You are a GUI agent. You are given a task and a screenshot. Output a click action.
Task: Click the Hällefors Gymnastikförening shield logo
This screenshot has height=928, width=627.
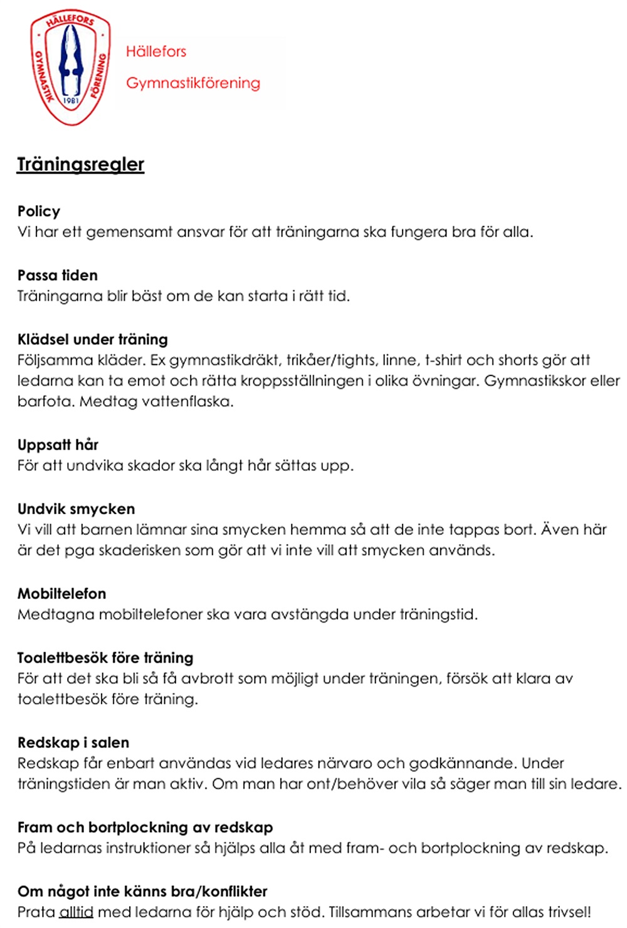point(70,67)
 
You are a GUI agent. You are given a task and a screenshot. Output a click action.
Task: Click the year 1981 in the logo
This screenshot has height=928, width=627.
point(71,100)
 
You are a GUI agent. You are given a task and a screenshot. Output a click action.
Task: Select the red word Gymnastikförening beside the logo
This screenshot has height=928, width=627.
point(192,83)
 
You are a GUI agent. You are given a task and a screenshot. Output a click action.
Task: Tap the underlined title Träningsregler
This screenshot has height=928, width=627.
point(80,164)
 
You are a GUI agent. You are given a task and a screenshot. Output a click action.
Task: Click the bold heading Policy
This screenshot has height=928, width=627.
point(39,211)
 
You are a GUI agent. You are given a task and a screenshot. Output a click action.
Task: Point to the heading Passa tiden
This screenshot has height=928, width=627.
point(58,275)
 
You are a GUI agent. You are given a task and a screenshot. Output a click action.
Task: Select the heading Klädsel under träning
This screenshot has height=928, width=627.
point(93,339)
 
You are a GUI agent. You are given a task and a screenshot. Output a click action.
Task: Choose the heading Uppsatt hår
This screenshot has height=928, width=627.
point(58,445)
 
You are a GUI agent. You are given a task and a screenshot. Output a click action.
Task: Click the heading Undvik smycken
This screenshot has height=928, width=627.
point(76,509)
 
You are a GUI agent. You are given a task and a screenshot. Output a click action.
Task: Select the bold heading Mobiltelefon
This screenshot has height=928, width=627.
point(61,593)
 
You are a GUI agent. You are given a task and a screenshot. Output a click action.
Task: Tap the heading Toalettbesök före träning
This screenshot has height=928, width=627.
point(105,658)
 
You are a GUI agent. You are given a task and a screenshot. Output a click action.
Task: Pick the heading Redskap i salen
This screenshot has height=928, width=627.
point(73,742)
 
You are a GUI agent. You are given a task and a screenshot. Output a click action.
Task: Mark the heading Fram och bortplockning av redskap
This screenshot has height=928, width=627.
point(145,827)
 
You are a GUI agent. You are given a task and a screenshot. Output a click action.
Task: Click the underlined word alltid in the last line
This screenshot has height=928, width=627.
point(76,912)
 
